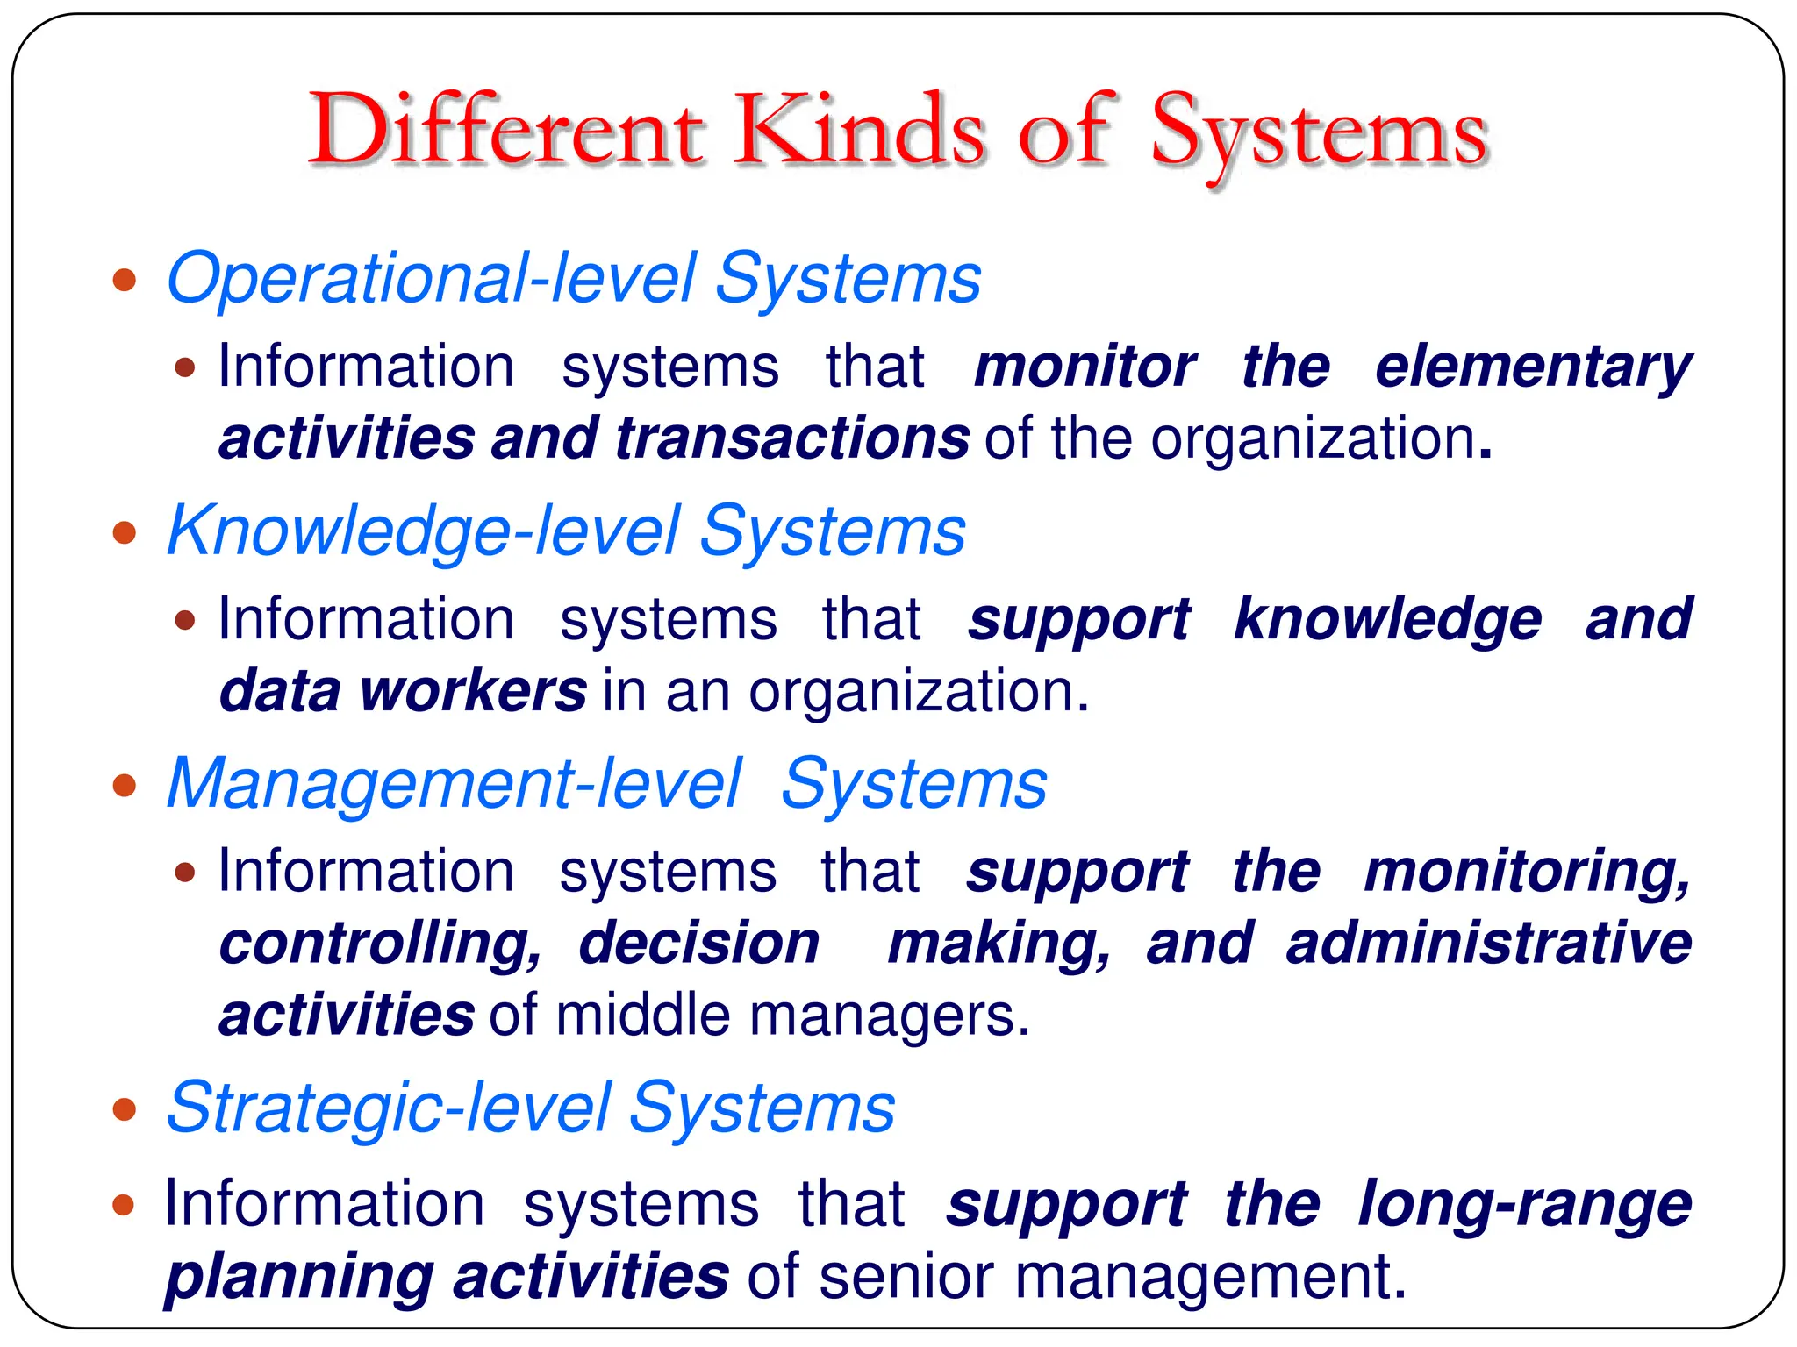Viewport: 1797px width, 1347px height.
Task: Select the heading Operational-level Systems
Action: pyautogui.click(x=574, y=279)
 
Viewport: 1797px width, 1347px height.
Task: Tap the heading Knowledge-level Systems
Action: pyautogui.click(x=566, y=531)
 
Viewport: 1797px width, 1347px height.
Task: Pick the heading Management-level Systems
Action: pyautogui.click(x=606, y=784)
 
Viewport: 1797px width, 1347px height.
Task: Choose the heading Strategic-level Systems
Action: pyautogui.click(x=530, y=1108)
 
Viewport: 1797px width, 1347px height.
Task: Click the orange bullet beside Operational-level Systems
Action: pyautogui.click(x=125, y=281)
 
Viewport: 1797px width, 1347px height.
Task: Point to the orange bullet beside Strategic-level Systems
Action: pyautogui.click(x=125, y=1109)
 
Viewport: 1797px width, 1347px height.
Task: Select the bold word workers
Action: pyautogui.click(x=473, y=691)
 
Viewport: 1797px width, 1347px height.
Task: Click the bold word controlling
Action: pyautogui.click(x=380, y=944)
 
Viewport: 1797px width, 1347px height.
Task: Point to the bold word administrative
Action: pyautogui.click(x=1488, y=944)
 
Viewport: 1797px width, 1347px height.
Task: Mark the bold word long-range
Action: pyautogui.click(x=1524, y=1205)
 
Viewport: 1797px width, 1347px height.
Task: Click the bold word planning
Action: pyautogui.click(x=298, y=1277)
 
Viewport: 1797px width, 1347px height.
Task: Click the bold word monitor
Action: pyautogui.click(x=1085, y=367)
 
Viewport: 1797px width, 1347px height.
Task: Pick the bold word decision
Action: pyautogui.click(x=699, y=944)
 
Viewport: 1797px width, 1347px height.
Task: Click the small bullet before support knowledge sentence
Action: pyautogui.click(x=184, y=621)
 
